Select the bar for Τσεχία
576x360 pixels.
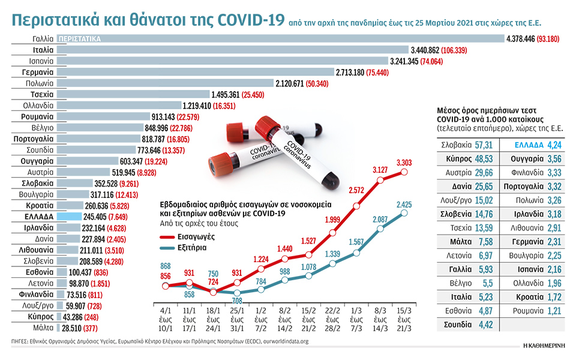[133, 94]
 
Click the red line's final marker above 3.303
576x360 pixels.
[404, 172]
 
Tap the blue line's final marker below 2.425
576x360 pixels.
[404, 212]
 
